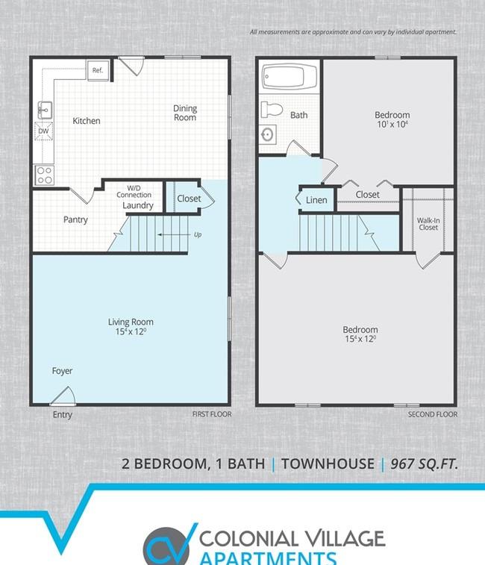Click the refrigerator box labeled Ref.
click(98, 70)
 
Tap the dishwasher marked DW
click(43, 131)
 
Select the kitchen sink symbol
click(45, 110)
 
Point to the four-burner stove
click(44, 175)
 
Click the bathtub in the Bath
click(290, 76)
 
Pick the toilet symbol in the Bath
click(272, 110)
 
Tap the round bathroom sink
click(268, 135)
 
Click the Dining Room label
click(185, 113)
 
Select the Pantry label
click(75, 219)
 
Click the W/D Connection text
click(134, 191)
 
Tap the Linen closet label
click(316, 200)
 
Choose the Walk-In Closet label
click(428, 224)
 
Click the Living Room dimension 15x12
click(131, 331)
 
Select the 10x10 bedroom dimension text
click(392, 125)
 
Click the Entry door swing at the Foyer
click(63, 397)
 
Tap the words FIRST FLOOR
click(212, 414)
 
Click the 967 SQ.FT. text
click(424, 463)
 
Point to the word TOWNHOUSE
click(328, 463)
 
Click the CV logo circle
click(166, 546)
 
